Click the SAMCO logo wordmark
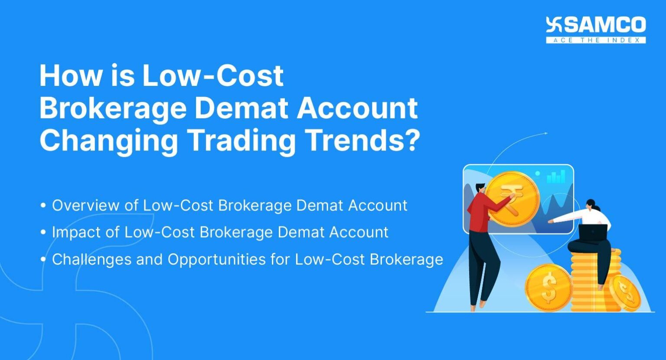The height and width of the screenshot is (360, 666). click(x=604, y=25)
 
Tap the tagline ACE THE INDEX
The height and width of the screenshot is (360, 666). click(x=596, y=40)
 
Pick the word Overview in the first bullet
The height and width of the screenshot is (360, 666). click(x=84, y=205)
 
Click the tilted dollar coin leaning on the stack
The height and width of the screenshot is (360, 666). click(x=624, y=292)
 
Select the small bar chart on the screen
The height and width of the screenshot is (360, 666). click(x=556, y=177)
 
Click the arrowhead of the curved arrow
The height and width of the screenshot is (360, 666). click(x=545, y=134)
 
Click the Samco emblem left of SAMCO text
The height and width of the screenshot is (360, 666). click(x=554, y=25)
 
